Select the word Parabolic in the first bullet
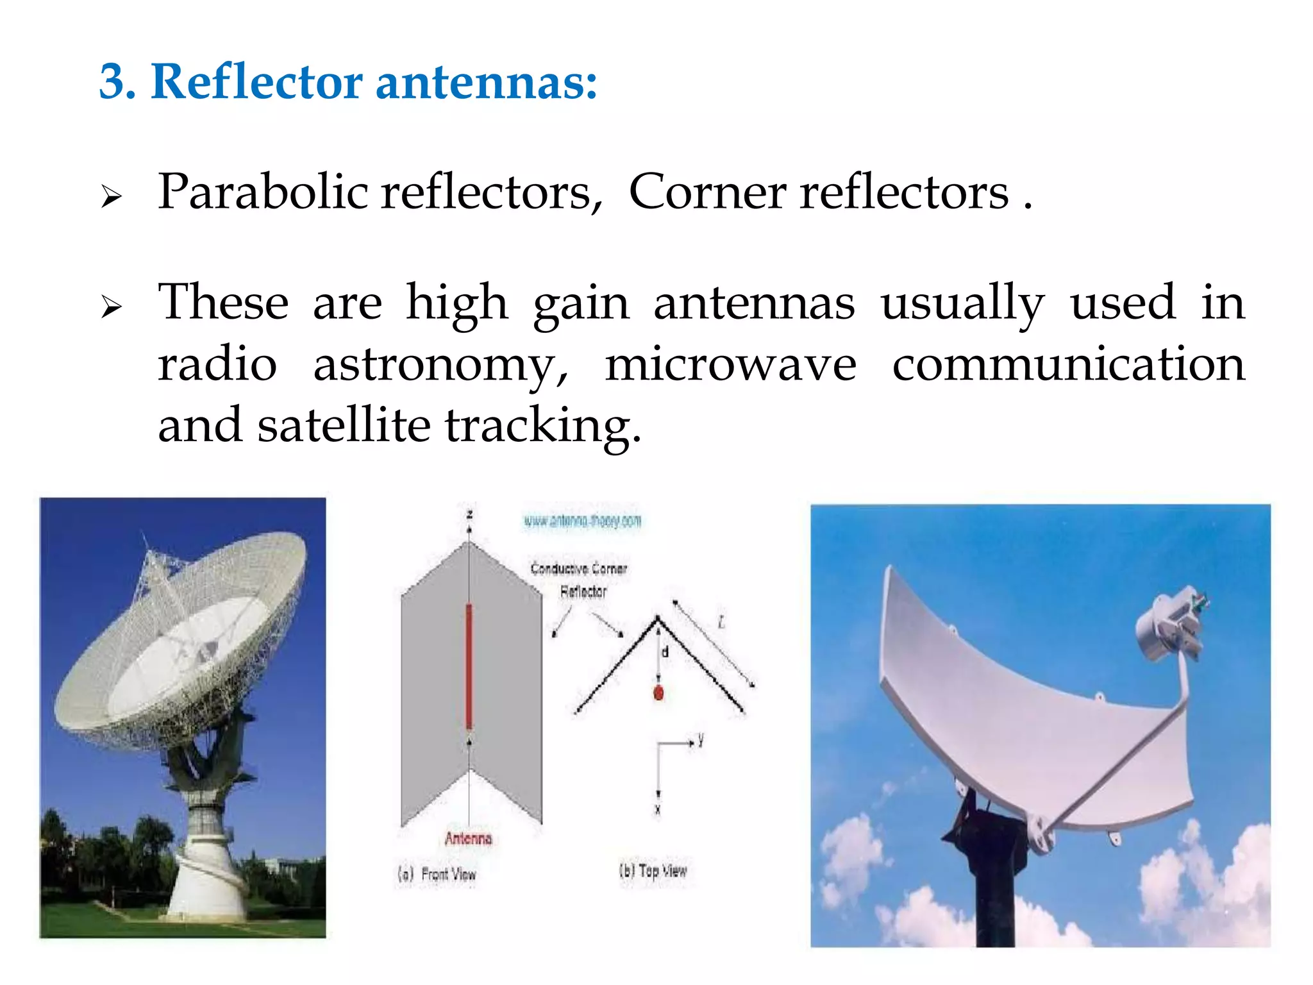pos(263,192)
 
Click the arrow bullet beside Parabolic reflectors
pos(111,197)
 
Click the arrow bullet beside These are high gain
pos(111,307)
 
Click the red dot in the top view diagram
pos(658,693)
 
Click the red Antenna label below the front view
pos(468,838)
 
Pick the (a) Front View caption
pos(437,874)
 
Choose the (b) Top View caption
pos(653,871)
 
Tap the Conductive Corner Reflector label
pos(579,579)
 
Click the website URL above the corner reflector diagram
pos(582,521)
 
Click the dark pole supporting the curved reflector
pos(994,898)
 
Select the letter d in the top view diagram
pos(665,652)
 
